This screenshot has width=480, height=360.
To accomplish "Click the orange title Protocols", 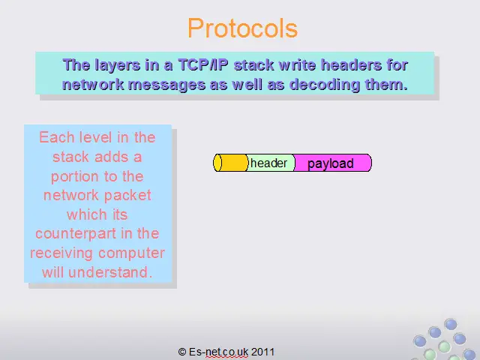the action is click(242, 28).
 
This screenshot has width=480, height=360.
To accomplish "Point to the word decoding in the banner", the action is click(325, 85).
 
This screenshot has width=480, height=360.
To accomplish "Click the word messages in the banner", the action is click(166, 85).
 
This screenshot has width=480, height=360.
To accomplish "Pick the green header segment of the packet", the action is click(270, 163).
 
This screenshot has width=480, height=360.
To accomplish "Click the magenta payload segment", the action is click(333, 163).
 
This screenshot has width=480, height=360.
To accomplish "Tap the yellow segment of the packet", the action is click(230, 163).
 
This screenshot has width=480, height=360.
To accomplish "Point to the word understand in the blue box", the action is click(110, 272).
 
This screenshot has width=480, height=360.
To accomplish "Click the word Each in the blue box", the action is click(57, 137).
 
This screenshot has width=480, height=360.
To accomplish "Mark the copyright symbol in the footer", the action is click(182, 352).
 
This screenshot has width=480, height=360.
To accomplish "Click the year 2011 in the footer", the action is click(263, 352).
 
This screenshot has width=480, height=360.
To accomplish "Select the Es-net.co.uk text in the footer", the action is click(218, 352).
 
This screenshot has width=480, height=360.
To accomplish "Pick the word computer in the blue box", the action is click(132, 253).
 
